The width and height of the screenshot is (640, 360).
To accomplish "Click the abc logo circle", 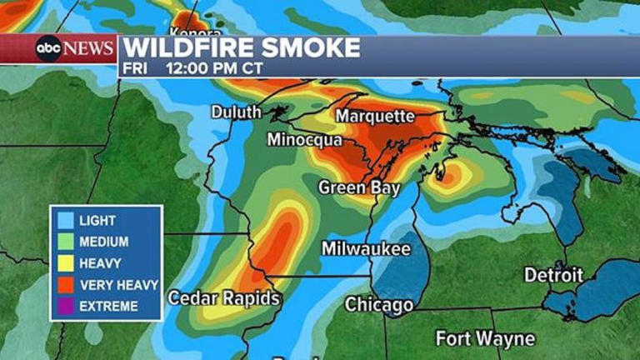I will point(49,48).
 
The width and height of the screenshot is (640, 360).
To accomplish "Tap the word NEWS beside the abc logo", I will point(89,48).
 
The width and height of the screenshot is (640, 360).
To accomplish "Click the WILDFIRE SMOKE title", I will point(242,47).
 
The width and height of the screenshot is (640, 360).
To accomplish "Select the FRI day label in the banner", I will point(134,67).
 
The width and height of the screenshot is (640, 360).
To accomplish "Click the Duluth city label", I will point(236,112).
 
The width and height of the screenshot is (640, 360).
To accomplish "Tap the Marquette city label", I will point(375,115).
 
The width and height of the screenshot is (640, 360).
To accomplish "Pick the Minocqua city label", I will point(304,140).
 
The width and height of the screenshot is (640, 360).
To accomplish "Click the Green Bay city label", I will point(359,187).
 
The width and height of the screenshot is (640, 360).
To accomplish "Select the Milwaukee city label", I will point(367,249).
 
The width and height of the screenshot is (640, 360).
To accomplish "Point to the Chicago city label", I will point(379,304).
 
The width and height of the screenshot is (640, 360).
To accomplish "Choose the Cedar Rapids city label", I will point(223,297).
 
